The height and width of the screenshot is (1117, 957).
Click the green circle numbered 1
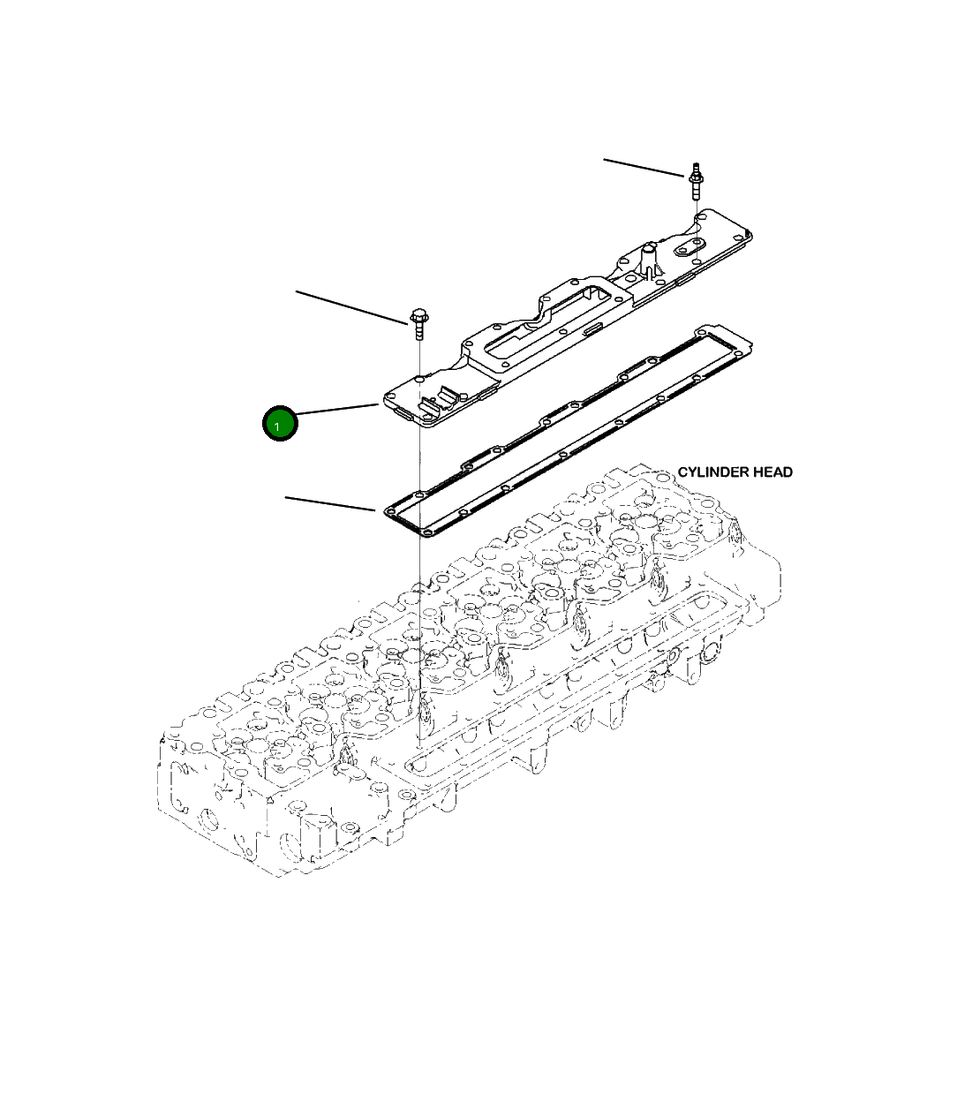(280, 424)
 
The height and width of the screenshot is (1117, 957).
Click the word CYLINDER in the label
(712, 472)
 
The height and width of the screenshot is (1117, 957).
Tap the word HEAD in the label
(772, 472)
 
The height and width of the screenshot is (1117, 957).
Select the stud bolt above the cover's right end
(696, 181)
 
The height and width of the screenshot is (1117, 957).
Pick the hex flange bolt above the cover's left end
(418, 323)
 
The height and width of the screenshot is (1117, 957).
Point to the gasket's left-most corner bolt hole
(389, 511)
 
